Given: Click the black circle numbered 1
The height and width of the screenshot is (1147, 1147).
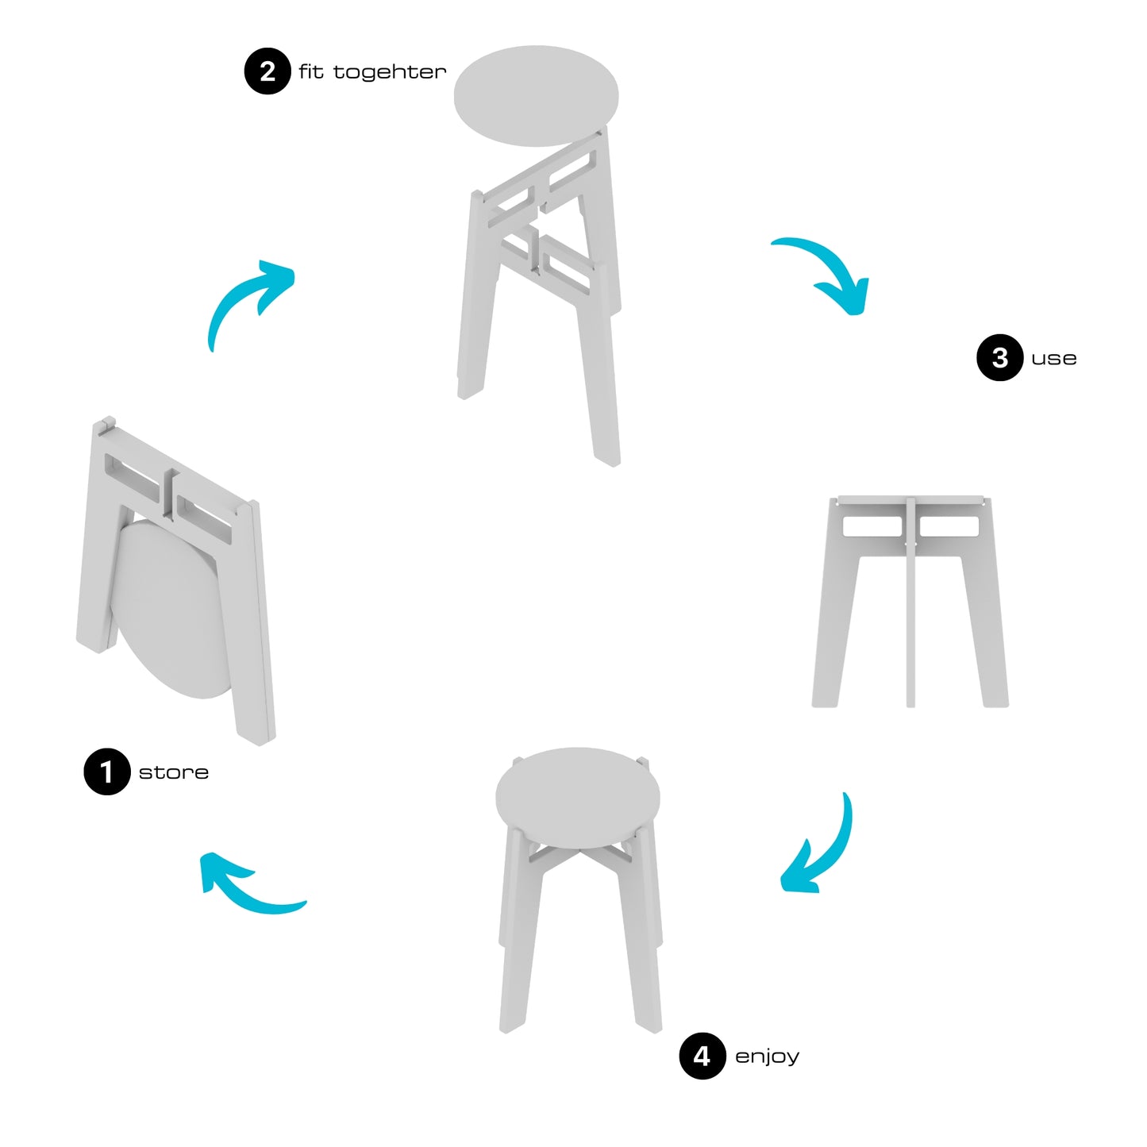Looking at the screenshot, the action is coord(107,772).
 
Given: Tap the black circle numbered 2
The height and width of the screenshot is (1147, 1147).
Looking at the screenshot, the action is coord(268,71).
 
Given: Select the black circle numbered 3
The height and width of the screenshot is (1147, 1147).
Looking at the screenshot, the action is coord(1000,357).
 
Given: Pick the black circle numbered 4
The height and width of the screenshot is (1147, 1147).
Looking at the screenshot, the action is coord(702,1056).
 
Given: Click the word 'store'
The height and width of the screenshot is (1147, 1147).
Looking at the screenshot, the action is coord(174,772).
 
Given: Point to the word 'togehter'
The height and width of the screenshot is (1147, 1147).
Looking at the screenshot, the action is coord(390,72).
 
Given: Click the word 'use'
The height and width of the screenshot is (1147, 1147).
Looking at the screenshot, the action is coord(1053,358).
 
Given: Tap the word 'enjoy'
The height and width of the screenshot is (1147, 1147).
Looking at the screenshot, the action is coord(768,1057).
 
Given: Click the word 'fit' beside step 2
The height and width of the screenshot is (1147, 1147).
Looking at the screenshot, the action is coord(310,71).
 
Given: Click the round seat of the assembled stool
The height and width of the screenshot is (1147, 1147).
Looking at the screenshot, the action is coord(577,798).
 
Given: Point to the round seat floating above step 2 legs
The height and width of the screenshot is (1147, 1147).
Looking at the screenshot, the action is coord(536,95).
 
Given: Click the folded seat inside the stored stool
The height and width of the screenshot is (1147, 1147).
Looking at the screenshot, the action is coord(170,607).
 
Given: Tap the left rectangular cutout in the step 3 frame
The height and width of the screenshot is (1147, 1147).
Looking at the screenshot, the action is coord(872,526).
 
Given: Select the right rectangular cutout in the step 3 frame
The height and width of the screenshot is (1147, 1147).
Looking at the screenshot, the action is coord(949,526).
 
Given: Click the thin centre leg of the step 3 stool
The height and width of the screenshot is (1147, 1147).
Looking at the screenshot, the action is coord(910,601).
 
